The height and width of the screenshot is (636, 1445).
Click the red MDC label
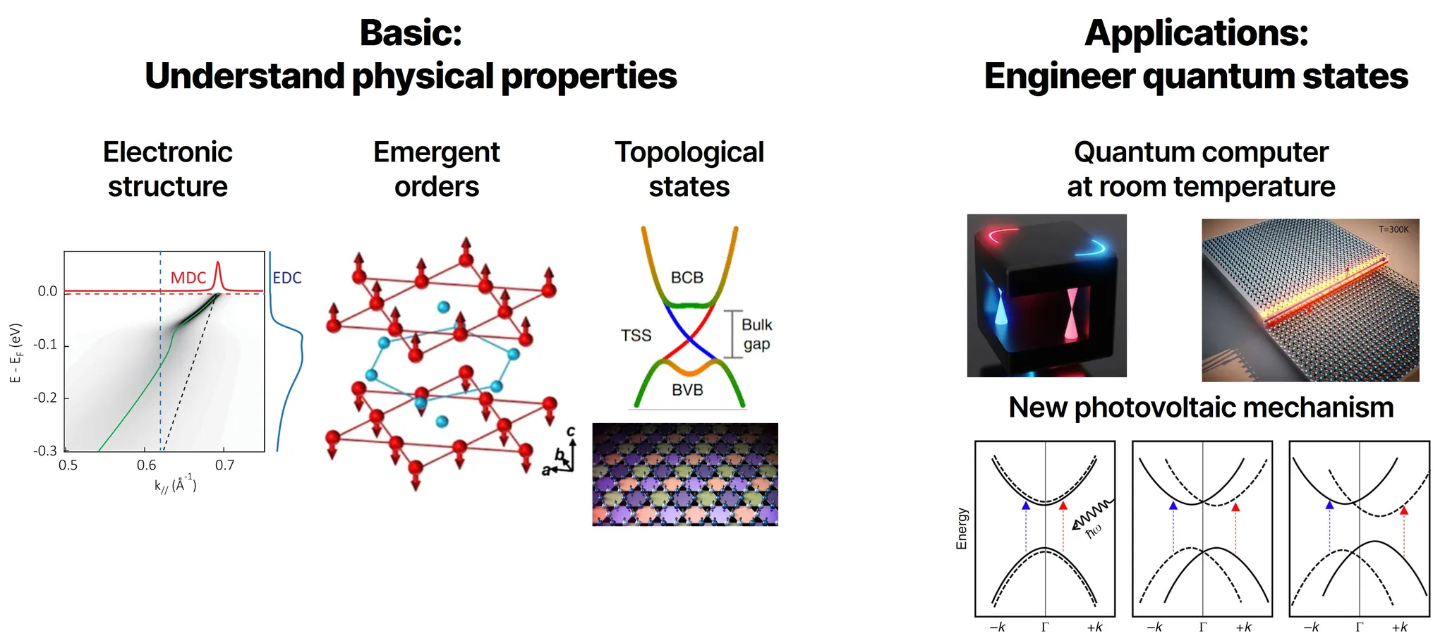click(188, 278)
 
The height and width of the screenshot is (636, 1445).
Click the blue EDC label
click(287, 278)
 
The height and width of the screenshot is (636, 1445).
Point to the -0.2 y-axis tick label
click(46, 398)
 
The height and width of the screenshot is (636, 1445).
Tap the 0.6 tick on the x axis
click(146, 465)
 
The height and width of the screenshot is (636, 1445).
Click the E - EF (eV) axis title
click(16, 353)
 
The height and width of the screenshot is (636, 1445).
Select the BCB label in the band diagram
click(687, 278)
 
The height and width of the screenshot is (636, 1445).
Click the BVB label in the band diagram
click(687, 390)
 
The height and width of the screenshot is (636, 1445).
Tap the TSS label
click(636, 336)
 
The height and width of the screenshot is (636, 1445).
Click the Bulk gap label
click(756, 334)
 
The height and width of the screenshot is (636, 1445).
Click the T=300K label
click(1393, 230)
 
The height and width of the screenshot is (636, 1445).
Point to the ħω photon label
click(1093, 531)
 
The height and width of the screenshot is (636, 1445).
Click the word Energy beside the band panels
click(962, 528)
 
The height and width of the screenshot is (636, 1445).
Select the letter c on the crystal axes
click(571, 432)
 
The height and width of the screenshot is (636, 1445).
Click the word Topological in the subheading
click(689, 152)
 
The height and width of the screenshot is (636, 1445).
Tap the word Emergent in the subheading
click(436, 152)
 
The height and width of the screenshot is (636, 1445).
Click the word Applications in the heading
click(1195, 33)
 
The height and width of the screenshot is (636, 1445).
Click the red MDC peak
click(218, 271)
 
